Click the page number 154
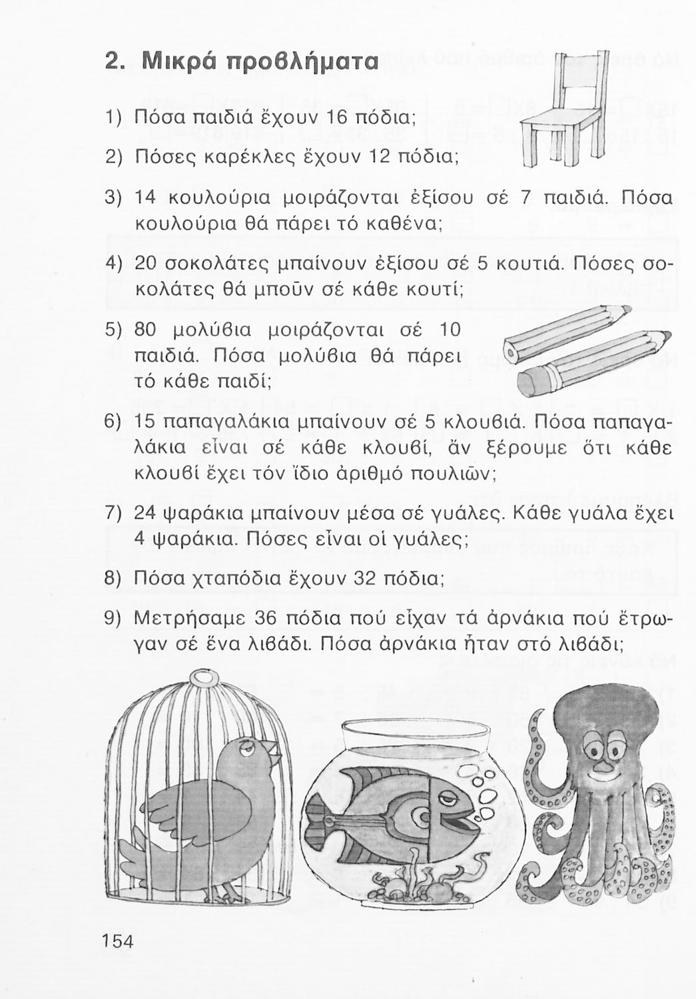pos(119,940)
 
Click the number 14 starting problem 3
pos(145,198)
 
